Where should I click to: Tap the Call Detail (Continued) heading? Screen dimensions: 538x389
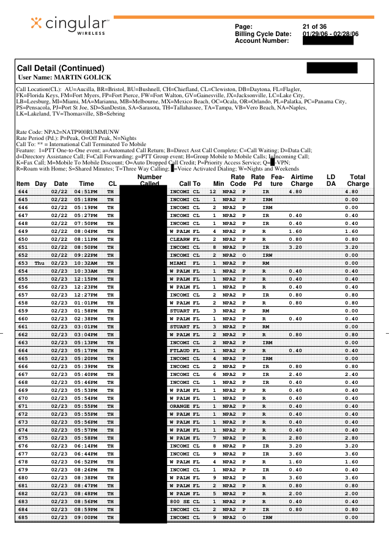point(61,68)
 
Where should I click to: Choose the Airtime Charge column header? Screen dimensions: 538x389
point(302,180)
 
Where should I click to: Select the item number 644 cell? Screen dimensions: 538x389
point(23,191)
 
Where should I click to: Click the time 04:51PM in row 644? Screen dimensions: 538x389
point(86,191)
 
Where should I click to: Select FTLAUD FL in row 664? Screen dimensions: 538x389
point(184,350)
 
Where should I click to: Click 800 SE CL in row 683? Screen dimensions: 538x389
point(184,501)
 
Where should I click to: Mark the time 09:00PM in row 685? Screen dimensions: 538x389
point(86,517)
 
